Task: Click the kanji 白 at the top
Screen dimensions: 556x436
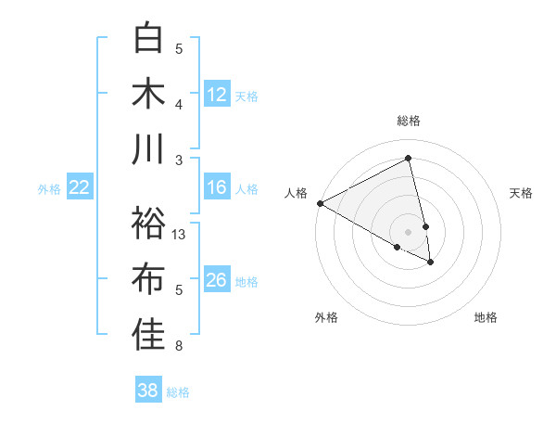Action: pyautogui.click(x=148, y=38)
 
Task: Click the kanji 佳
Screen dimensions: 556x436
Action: pyautogui.click(x=148, y=336)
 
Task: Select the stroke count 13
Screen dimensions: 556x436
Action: pyautogui.click(x=180, y=235)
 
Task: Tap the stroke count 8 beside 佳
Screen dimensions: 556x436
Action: pyautogui.click(x=179, y=347)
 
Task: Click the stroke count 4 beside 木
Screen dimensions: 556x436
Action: pyautogui.click(x=179, y=104)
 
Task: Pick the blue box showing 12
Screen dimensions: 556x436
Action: pyautogui.click(x=217, y=95)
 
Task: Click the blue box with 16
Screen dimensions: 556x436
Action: pyautogui.click(x=217, y=188)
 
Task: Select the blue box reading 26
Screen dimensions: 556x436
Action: pyautogui.click(x=217, y=280)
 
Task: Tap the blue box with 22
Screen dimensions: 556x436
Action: pyautogui.click(x=80, y=188)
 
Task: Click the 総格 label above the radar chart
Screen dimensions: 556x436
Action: pyautogui.click(x=409, y=121)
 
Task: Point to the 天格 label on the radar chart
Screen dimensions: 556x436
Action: pyautogui.click(x=522, y=193)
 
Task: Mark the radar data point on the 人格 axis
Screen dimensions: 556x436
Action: pyautogui.click(x=319, y=202)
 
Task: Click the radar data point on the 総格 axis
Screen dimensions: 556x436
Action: pyautogui.click(x=409, y=159)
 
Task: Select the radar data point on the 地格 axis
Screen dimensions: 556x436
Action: pyautogui.click(x=431, y=263)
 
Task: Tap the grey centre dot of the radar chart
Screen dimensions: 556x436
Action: pyautogui.click(x=409, y=231)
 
